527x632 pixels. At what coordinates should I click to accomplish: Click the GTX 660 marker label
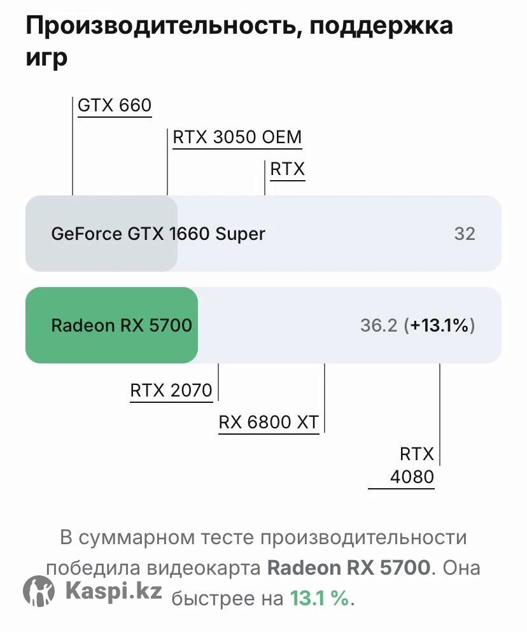click(x=115, y=105)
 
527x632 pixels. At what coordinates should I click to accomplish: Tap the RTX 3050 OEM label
click(x=237, y=137)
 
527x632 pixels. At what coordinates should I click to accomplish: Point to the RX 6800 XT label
click(x=269, y=422)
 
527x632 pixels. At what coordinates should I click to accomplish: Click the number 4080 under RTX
click(x=412, y=477)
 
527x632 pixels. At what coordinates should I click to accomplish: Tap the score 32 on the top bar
click(x=465, y=234)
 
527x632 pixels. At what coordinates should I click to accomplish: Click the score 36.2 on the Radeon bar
click(x=379, y=326)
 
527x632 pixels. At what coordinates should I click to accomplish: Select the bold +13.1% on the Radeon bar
click(x=440, y=326)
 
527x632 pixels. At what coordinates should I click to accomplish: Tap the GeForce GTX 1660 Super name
click(x=158, y=234)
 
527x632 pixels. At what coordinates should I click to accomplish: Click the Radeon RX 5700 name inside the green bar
click(x=121, y=326)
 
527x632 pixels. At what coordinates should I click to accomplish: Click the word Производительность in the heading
click(x=159, y=26)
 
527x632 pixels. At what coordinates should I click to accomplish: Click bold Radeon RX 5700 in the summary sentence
click(x=348, y=568)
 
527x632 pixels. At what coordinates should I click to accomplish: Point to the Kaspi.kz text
click(x=113, y=591)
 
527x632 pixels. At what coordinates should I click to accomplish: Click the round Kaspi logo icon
click(x=39, y=591)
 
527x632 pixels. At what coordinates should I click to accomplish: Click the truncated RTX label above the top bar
click(x=288, y=169)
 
